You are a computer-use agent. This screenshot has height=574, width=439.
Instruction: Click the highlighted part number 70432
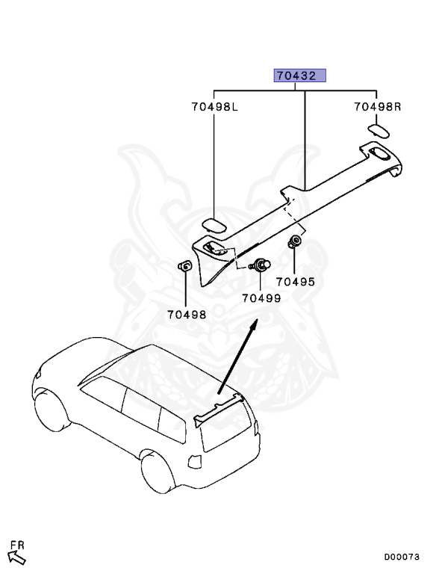301,76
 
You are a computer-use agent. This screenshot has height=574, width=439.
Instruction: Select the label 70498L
213,107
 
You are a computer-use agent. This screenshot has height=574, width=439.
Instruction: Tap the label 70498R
378,107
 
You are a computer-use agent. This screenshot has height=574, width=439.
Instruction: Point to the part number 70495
295,282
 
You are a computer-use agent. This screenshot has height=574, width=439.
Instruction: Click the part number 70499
261,298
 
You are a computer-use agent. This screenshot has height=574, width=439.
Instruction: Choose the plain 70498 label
187,315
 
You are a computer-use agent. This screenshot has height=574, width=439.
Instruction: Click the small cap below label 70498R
377,132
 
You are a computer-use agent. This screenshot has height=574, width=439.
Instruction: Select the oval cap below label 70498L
215,226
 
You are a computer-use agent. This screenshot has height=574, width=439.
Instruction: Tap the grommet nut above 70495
295,241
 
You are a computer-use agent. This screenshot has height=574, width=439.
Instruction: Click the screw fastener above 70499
261,264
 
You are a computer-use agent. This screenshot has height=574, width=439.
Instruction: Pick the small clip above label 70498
184,267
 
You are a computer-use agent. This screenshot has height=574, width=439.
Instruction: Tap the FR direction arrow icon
17,557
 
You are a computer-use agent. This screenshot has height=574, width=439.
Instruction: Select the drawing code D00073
402,557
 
